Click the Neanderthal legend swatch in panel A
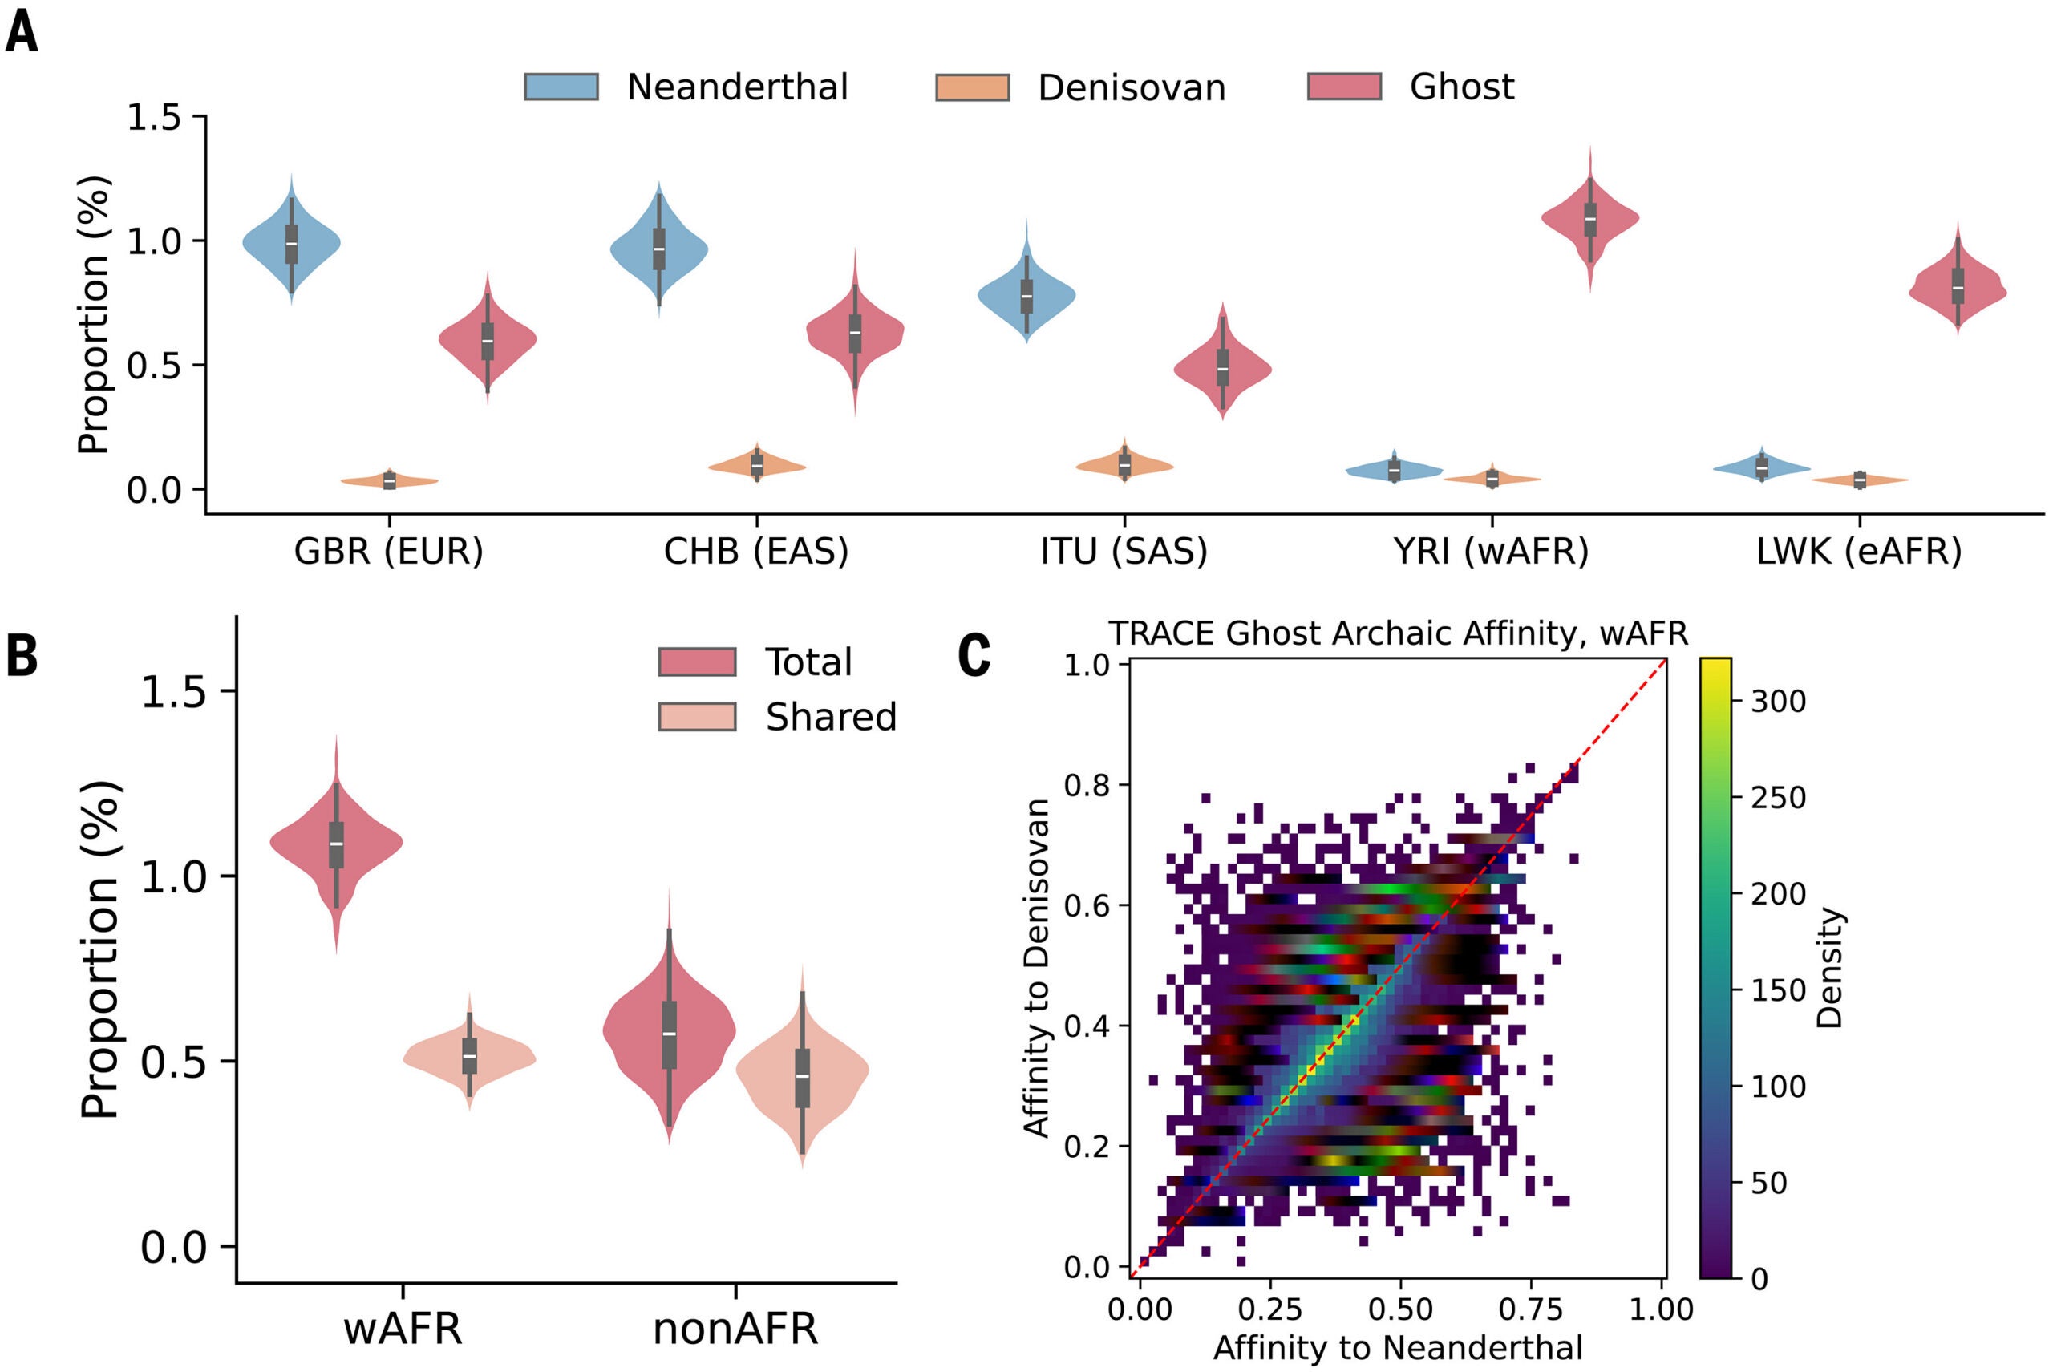coord(561,87)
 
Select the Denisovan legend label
coord(1132,87)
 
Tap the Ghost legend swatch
coord(1344,87)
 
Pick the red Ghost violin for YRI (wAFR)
coord(1590,219)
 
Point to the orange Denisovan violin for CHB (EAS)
coord(757,463)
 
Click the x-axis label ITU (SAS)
coord(1124,551)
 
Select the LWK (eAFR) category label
coord(1860,551)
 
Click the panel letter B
coord(22,656)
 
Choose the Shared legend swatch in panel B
coord(698,717)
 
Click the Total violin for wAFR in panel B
coord(336,844)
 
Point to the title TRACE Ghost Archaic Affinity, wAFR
coord(1399,633)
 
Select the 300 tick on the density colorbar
coord(1779,701)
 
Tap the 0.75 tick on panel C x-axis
coord(1532,1310)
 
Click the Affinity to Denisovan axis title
coord(1036,968)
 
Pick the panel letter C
coord(974,656)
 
